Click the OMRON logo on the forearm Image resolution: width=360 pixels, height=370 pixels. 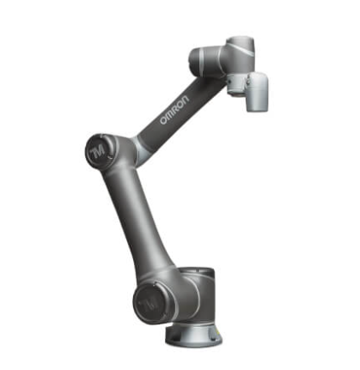point(174,110)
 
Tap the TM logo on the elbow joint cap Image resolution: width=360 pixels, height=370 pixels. point(99,149)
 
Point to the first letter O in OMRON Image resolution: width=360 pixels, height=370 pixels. point(163,121)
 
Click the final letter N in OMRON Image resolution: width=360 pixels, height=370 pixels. point(186,100)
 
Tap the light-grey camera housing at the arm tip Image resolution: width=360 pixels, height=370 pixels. point(258,91)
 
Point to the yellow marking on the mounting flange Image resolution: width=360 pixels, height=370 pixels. point(218,331)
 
